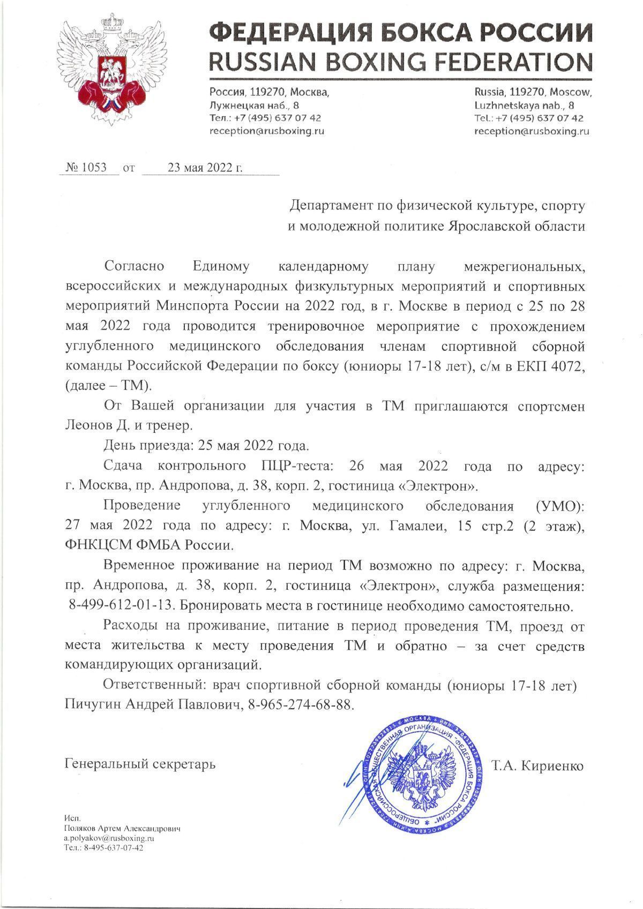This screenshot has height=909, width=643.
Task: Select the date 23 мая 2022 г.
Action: click(205, 168)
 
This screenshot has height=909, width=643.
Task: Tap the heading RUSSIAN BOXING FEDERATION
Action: click(401, 62)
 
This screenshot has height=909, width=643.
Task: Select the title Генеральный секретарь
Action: click(140, 763)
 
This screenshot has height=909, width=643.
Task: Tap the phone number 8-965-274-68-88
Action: click(301, 704)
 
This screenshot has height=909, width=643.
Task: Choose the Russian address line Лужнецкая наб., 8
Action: click(255, 105)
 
